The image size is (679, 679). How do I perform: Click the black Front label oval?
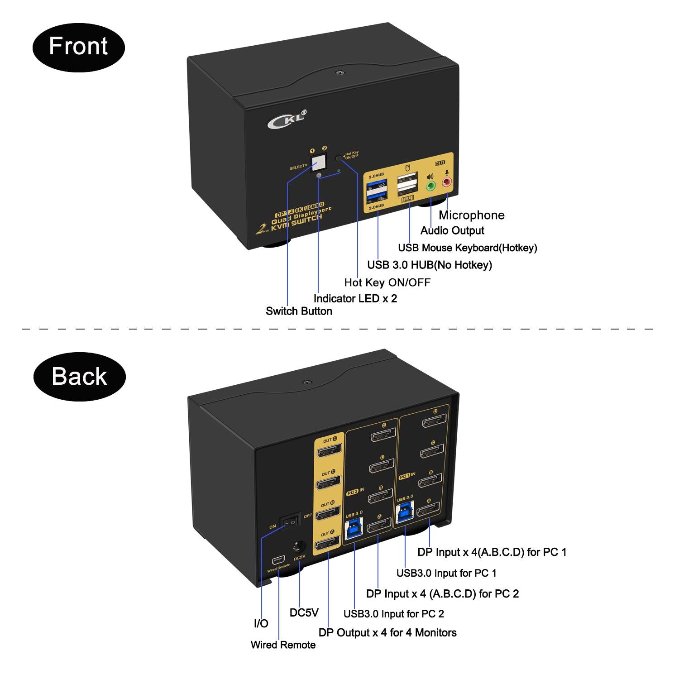[78, 47]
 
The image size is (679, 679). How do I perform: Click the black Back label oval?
[79, 377]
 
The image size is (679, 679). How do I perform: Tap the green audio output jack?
[430, 185]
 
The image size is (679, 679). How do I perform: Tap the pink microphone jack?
[447, 182]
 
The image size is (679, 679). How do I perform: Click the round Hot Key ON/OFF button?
[339, 158]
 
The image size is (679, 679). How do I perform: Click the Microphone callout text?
[471, 215]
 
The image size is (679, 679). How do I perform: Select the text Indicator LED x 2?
[355, 299]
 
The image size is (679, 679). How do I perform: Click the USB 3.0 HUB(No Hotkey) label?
[429, 265]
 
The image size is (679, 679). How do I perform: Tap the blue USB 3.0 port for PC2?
[354, 528]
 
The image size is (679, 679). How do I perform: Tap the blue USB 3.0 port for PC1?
[405, 513]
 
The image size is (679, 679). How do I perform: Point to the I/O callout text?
[261, 623]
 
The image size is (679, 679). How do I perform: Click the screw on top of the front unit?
[338, 72]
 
